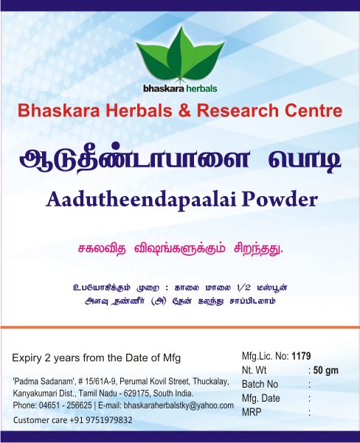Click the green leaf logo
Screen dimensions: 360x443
180,55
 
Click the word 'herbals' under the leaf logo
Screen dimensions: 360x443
201,88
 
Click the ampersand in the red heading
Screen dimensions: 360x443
184,110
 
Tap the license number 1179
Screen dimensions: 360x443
301,356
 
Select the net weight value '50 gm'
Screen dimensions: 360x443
326,370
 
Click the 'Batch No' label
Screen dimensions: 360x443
260,384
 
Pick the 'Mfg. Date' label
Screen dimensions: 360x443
260,398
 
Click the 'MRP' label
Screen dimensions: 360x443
252,412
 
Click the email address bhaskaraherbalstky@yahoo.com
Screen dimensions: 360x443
179,405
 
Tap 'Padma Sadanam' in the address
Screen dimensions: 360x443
44,381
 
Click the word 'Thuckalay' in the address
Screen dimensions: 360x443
210,382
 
